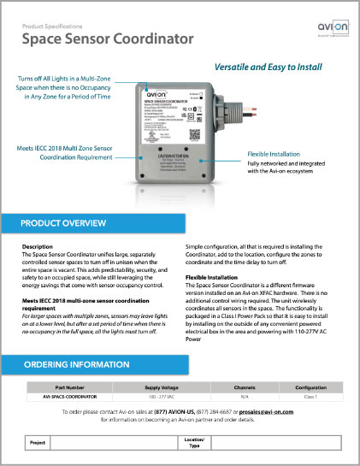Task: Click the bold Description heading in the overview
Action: (x=38, y=247)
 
